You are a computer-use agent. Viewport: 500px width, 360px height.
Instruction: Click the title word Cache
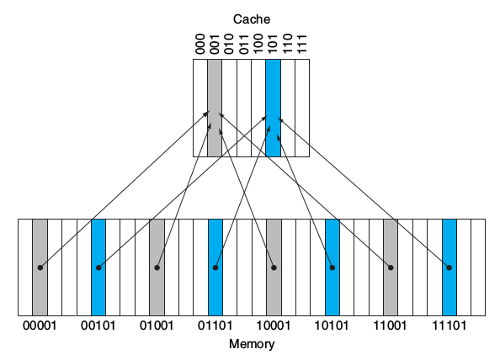pos(251,18)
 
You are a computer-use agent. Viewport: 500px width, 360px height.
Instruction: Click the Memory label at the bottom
pos(251,344)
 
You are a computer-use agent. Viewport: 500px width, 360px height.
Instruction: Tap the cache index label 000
pos(200,44)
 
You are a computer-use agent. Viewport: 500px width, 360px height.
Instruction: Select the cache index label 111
pos(302,44)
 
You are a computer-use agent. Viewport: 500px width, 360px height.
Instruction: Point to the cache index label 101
pos(273,44)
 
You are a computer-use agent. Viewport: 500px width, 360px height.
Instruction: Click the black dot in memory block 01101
pos(215,267)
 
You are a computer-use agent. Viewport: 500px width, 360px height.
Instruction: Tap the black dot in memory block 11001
pos(391,267)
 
